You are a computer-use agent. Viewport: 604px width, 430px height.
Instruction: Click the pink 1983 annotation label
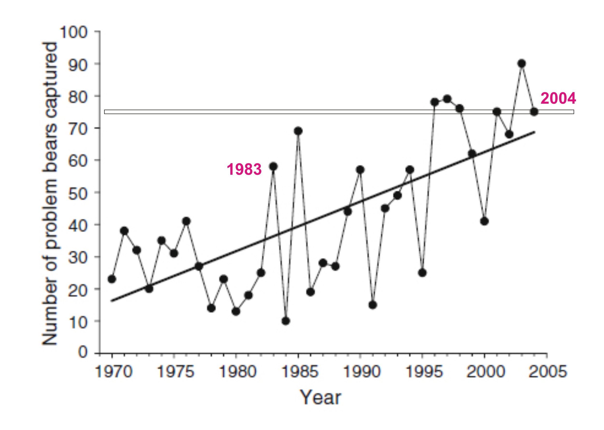(x=244, y=169)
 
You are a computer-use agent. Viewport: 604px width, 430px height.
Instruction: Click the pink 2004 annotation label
(x=558, y=99)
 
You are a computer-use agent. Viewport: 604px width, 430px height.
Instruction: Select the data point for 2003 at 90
(x=522, y=64)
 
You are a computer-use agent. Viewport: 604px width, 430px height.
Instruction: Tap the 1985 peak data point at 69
(x=298, y=131)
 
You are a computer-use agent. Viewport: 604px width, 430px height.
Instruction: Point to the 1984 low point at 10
(x=286, y=321)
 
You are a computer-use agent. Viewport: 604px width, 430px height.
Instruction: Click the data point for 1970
(x=112, y=279)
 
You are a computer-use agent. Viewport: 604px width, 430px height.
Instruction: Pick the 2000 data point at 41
(x=484, y=221)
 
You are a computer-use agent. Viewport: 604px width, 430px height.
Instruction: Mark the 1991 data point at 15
(x=372, y=305)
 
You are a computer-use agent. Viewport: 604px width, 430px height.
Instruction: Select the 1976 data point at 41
(x=186, y=221)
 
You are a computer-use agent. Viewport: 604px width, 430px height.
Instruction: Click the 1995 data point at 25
(x=422, y=273)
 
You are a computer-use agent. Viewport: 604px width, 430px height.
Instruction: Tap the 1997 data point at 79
(x=447, y=99)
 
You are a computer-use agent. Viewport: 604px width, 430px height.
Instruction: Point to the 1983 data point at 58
(x=274, y=167)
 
